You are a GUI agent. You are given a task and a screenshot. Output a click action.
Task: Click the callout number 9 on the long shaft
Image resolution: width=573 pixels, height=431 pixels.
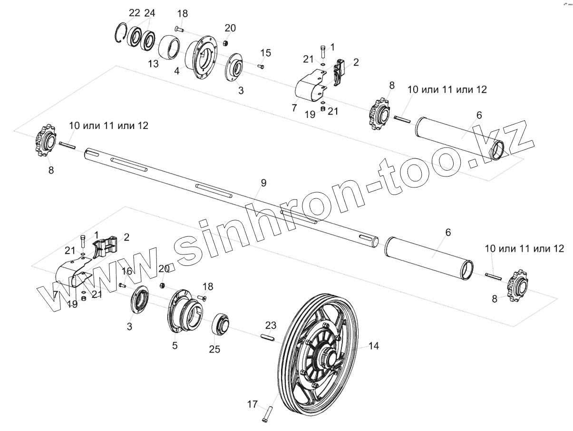263,183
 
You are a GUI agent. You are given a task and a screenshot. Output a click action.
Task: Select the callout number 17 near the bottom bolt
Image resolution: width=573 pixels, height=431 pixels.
253,404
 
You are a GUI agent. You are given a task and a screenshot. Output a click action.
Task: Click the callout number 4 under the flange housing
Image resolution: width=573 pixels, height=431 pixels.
176,70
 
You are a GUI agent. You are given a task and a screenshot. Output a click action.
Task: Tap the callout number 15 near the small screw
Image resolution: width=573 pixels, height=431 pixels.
266,52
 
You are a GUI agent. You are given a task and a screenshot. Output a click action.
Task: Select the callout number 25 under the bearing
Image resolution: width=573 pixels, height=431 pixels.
214,349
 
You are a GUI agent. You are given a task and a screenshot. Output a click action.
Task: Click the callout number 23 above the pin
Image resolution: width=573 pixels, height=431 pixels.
271,326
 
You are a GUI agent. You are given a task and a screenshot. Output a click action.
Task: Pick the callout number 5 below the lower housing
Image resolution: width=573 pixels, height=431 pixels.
175,345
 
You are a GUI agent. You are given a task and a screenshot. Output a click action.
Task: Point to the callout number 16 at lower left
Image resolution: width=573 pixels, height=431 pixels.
127,271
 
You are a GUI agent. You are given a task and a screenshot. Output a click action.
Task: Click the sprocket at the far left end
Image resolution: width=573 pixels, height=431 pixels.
45,141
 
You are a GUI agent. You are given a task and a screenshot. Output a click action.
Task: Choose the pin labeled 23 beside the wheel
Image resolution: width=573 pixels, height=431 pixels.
268,337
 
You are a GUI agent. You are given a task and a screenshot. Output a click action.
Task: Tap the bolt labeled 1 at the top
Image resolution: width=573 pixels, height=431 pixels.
323,52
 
